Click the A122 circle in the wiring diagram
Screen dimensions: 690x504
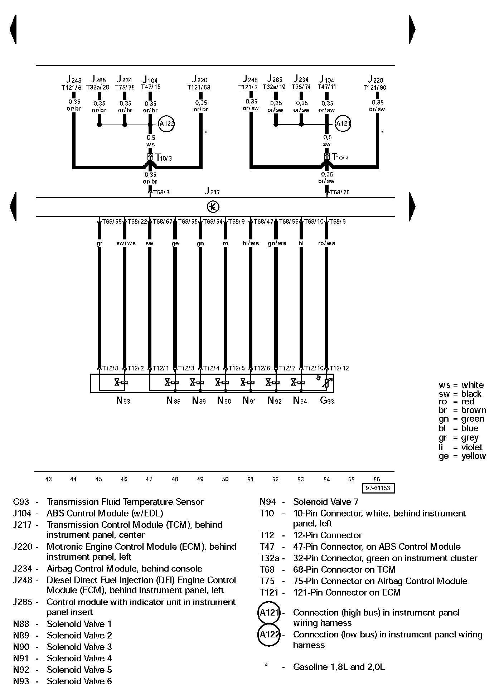click(166, 124)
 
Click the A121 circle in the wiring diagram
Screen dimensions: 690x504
click(343, 124)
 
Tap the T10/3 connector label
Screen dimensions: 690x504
click(164, 157)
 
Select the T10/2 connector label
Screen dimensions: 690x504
click(340, 157)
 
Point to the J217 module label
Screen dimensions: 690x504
click(212, 191)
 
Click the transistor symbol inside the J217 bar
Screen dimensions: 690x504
click(213, 207)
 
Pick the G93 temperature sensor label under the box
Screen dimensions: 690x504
click(326, 401)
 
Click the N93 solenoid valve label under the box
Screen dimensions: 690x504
click(123, 401)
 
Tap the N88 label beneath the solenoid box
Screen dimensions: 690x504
click(173, 401)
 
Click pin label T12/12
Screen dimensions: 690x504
click(339, 368)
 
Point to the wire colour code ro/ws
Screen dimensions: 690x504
click(326, 243)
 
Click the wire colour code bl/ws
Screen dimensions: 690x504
click(251, 243)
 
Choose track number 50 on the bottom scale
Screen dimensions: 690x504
click(225, 479)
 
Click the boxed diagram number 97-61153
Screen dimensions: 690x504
click(378, 488)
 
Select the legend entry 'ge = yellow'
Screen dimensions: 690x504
click(462, 456)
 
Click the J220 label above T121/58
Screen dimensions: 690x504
click(199, 79)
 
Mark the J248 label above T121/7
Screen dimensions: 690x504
click(250, 79)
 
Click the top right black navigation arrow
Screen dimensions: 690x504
click(412, 29)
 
